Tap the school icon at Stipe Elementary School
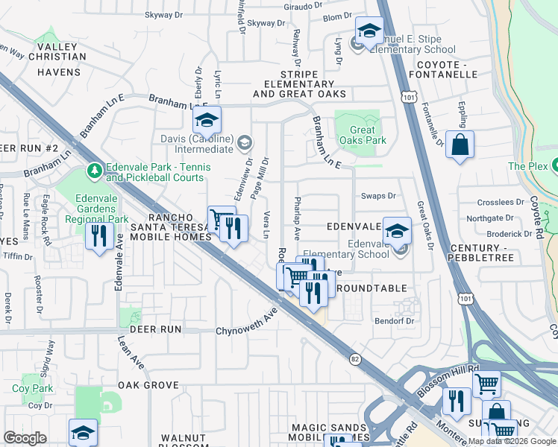[x=369, y=31]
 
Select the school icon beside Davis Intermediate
[x=207, y=121]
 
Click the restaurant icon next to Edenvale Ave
[x=99, y=237]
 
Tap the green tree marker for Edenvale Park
[x=94, y=171]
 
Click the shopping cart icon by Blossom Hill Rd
[x=486, y=384]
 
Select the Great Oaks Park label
[x=363, y=134]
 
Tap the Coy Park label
[x=32, y=388]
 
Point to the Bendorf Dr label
[x=394, y=320]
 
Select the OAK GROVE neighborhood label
[x=148, y=385]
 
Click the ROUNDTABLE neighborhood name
[x=372, y=288]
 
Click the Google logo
[x=25, y=438]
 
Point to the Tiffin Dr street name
[x=19, y=256]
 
